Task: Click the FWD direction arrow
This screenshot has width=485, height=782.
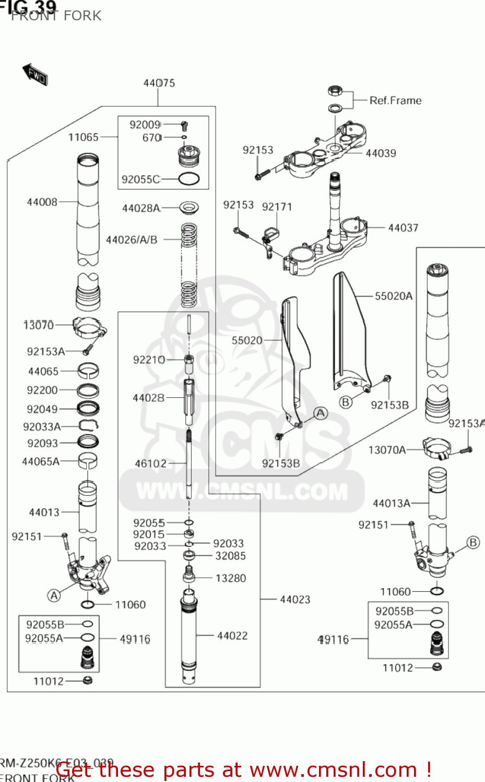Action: click(x=35, y=75)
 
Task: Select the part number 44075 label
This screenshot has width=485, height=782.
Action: click(x=159, y=83)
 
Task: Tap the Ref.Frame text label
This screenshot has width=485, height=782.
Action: click(x=395, y=101)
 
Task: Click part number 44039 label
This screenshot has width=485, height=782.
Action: click(x=381, y=153)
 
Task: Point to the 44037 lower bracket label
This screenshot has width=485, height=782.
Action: click(x=403, y=228)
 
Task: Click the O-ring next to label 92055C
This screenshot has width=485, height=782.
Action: click(x=188, y=179)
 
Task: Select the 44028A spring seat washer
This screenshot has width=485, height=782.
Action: click(x=188, y=207)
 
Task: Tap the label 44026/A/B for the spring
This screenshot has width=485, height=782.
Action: click(x=132, y=240)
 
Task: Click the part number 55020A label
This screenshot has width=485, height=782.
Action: click(x=394, y=296)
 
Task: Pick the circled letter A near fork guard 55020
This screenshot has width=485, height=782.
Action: click(x=321, y=413)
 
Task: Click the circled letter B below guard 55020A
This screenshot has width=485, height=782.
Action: click(x=346, y=402)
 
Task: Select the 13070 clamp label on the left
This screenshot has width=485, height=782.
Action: click(x=39, y=325)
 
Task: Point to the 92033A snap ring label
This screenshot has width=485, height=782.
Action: click(x=42, y=427)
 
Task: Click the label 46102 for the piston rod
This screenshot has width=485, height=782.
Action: click(x=151, y=463)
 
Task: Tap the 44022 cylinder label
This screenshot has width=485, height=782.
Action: click(x=232, y=636)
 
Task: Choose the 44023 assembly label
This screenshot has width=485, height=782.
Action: click(x=295, y=600)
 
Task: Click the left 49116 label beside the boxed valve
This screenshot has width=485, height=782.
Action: click(x=135, y=639)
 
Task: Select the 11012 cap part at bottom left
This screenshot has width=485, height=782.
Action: click(x=88, y=680)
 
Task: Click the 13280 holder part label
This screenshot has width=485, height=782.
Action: click(x=230, y=578)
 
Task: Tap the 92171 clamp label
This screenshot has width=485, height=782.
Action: click(x=277, y=207)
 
